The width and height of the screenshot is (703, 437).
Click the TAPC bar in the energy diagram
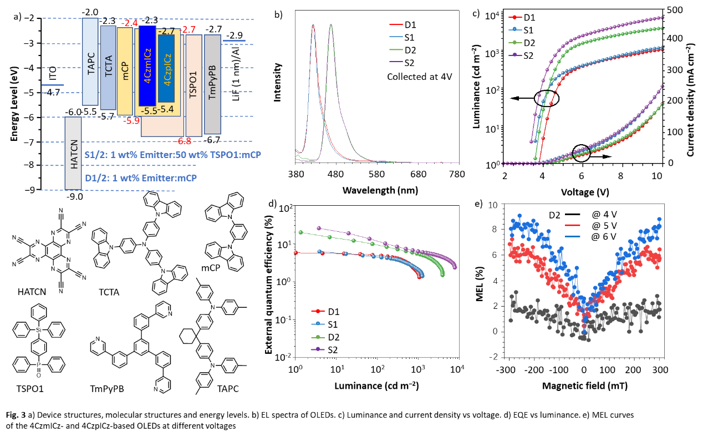pyautogui.click(x=90, y=62)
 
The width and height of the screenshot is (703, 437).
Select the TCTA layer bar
pyautogui.click(x=108, y=68)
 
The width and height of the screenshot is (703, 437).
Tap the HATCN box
pyautogui.click(x=73, y=153)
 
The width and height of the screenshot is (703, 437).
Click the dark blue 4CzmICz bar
pyautogui.click(x=147, y=65)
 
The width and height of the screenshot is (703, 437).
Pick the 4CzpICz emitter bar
pyautogui.click(x=166, y=69)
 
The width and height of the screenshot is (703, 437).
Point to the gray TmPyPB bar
pyautogui.click(x=212, y=84)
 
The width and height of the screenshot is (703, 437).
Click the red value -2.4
pyautogui.click(x=130, y=23)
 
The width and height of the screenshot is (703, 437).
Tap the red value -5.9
pyautogui.click(x=131, y=121)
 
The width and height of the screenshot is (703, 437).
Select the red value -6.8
pyautogui.click(x=184, y=141)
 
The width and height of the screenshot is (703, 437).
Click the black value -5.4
pyautogui.click(x=166, y=109)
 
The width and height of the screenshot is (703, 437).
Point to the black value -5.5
pyautogui.click(x=149, y=111)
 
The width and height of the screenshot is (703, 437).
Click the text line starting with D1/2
pyautogui.click(x=141, y=178)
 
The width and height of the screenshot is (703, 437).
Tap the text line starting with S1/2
pyautogui.click(x=172, y=155)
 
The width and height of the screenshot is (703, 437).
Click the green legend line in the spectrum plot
pyautogui.click(x=396, y=49)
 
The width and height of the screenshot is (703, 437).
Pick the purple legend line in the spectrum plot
pyautogui.click(x=396, y=62)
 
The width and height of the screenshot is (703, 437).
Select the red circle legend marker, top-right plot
pyautogui.click(x=515, y=17)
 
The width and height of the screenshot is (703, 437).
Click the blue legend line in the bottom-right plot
pyautogui.click(x=573, y=236)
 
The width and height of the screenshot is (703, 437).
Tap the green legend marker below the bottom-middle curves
pyautogui.click(x=318, y=337)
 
